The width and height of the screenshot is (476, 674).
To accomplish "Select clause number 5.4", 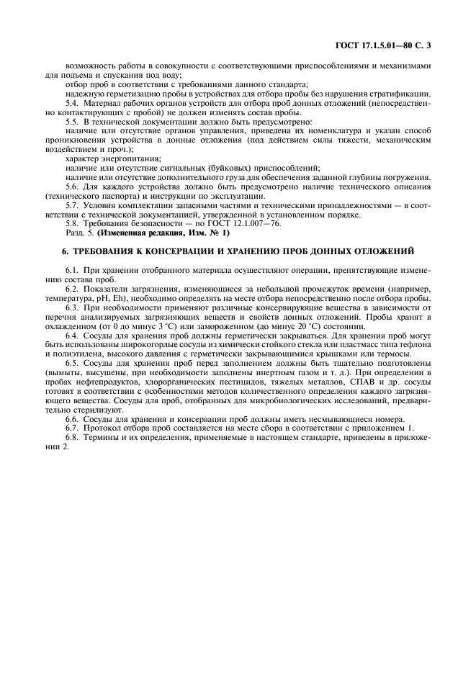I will click(x=73, y=104).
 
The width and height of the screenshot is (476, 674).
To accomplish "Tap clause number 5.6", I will click(x=73, y=187).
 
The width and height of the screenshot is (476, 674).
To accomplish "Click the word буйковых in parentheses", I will click(x=223, y=168).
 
